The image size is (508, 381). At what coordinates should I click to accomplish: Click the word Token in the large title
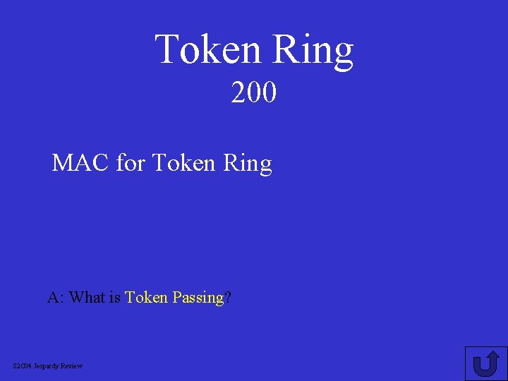coord(209,50)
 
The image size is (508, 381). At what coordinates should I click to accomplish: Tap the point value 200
coord(254,92)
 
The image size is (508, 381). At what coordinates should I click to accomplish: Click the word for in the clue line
coord(131,164)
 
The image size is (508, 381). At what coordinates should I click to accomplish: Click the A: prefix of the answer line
coord(56,298)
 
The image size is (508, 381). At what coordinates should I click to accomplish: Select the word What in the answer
coord(87,298)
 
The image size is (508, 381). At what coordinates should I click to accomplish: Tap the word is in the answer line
coord(115,298)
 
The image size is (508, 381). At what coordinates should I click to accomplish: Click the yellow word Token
coord(146,298)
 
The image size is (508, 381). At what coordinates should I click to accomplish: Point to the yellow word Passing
coord(198,298)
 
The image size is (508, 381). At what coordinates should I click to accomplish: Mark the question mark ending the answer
coord(228,298)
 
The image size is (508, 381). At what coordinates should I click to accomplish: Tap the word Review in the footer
coord(72,365)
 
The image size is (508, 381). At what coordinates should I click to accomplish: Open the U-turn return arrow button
coord(486,363)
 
